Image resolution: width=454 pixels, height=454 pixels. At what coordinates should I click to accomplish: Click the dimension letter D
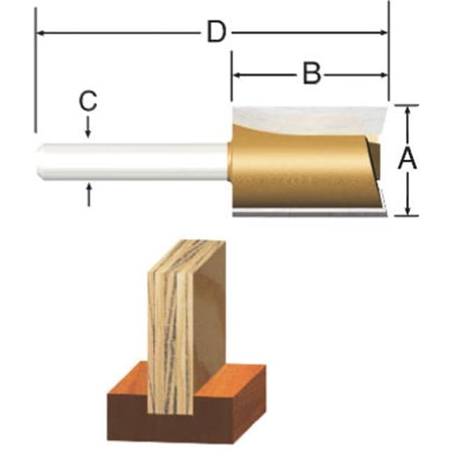coord(217,33)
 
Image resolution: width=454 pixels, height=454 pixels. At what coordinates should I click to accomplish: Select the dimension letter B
coord(311,75)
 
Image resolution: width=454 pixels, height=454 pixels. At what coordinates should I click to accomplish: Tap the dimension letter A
coord(407,159)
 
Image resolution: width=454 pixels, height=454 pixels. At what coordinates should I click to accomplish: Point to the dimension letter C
coord(88,100)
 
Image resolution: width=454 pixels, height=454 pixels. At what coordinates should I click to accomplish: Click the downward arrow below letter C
coord(88,129)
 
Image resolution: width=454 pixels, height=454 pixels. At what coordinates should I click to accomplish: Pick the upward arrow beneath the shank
coord(88,192)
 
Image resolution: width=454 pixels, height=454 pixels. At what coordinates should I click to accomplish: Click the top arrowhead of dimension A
coord(407,110)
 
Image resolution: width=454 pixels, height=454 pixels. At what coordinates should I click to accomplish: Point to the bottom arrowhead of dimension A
coord(407,210)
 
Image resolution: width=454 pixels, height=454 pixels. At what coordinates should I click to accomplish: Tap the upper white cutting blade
coord(315,118)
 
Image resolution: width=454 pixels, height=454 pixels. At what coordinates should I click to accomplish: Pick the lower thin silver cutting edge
coord(307,212)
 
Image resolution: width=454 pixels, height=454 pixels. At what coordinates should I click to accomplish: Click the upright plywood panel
coord(189,331)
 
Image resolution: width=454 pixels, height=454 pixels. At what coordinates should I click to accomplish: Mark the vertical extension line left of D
coord(35,79)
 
